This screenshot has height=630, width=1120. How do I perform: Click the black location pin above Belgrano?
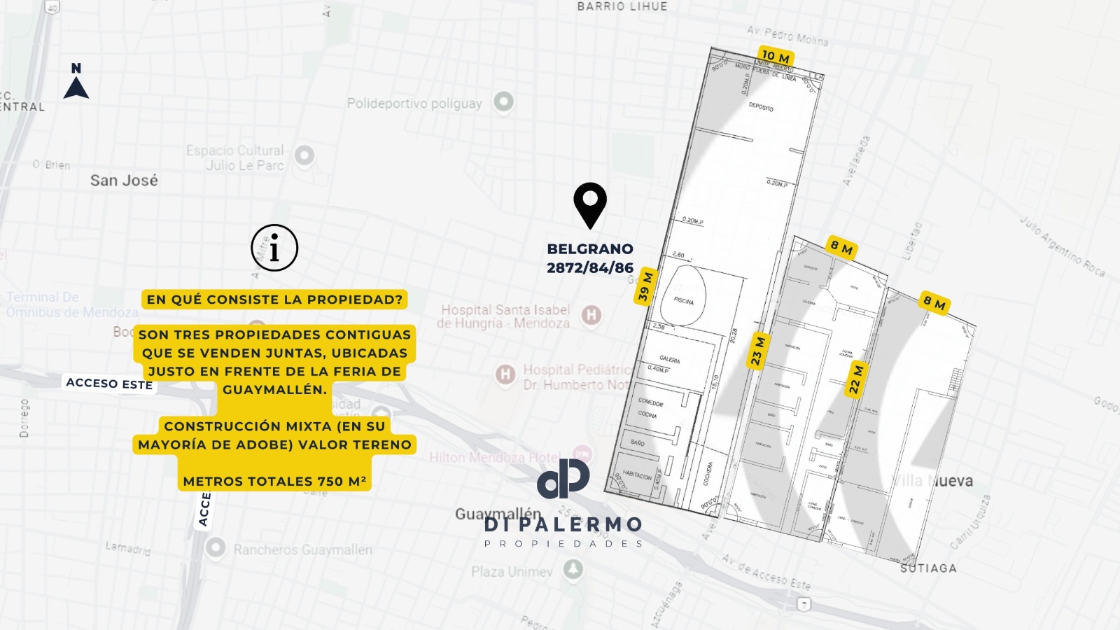590,203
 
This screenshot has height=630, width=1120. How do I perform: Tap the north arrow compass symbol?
76,83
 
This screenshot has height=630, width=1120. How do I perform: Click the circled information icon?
274,248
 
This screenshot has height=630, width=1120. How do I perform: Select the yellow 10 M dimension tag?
775,56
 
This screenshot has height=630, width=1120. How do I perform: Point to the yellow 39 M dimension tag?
645,286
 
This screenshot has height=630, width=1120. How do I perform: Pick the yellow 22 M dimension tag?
856,379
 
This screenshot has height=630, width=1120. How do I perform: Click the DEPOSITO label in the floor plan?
761,107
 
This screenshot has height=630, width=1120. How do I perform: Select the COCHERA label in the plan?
708,473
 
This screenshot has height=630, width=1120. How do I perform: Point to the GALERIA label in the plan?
669,359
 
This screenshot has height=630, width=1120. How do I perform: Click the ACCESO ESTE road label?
109,384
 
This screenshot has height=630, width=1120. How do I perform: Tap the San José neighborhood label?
124,181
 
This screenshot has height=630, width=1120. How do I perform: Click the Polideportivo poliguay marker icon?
503,101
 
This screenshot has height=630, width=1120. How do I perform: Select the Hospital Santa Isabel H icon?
591,315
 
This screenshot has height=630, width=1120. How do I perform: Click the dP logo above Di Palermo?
563,479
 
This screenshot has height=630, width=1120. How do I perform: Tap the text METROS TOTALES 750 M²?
274,481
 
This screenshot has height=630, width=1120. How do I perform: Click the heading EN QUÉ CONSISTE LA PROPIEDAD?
274,300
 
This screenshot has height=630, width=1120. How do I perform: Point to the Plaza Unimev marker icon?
573,568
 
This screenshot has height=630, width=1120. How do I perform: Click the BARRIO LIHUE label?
622,6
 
